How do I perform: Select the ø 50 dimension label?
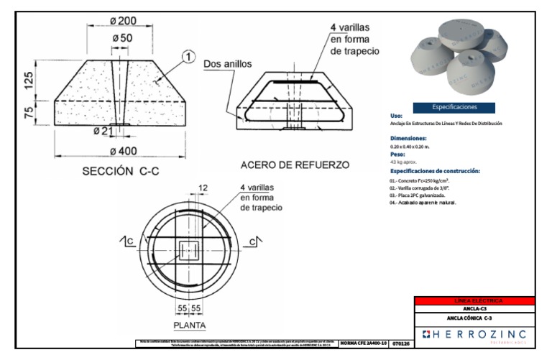pyautogui.click(x=122, y=37)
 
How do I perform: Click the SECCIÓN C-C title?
pyautogui.click(x=119, y=172)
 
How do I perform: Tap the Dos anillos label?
pyautogui.click(x=227, y=63)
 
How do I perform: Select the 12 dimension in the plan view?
pyautogui.click(x=203, y=188)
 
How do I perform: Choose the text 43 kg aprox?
pyautogui.click(x=405, y=162)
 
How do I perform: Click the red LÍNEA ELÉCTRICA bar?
pyautogui.click(x=475, y=300)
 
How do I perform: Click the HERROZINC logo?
pyautogui.click(x=475, y=335)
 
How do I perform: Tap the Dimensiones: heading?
pyautogui.click(x=408, y=137)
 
